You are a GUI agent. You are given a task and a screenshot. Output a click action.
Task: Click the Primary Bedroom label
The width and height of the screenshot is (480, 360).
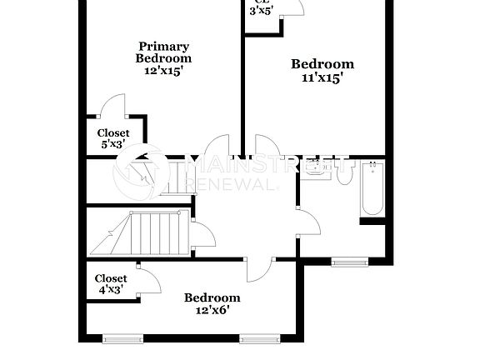point(163,52)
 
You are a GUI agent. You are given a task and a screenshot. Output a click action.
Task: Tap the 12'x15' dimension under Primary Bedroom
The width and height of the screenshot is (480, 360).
point(163,72)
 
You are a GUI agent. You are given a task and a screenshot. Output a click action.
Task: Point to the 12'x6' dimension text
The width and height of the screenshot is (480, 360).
point(212,310)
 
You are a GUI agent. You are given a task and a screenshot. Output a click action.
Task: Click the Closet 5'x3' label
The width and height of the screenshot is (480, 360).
point(113,138)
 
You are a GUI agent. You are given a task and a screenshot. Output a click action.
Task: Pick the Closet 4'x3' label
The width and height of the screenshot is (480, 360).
point(110,284)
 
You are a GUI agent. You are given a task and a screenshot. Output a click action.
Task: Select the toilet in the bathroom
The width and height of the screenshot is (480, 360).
point(343,173)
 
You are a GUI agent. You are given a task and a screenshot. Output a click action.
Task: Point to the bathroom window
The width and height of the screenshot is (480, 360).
point(349,262)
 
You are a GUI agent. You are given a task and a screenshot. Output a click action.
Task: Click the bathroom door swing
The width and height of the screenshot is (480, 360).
point(307,223)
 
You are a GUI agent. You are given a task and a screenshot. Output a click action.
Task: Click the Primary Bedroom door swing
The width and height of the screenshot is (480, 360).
point(217,146)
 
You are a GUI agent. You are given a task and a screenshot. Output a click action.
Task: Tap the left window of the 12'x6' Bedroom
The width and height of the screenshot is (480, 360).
point(122,338)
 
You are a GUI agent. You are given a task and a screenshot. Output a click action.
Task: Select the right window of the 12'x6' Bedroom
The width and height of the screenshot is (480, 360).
point(258,338)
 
